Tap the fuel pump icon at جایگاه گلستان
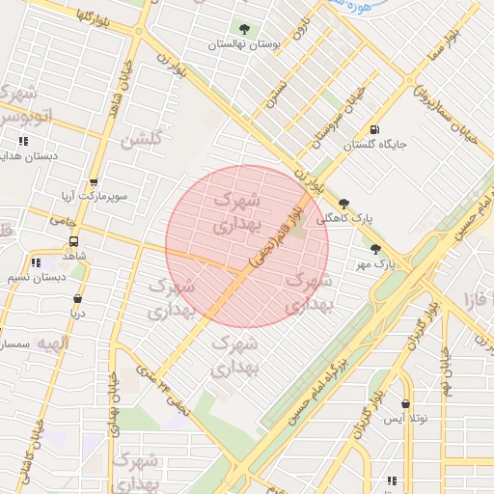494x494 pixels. click(x=373, y=130)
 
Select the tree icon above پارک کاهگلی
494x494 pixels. click(x=344, y=204)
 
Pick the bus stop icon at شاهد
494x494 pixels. click(x=73, y=242)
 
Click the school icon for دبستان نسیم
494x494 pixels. click(x=36, y=262)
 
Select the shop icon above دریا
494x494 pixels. click(x=77, y=298)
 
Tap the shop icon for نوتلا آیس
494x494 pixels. click(x=405, y=403)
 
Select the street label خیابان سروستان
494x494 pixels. click(x=339, y=116)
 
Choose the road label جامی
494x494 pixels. click(x=64, y=221)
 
